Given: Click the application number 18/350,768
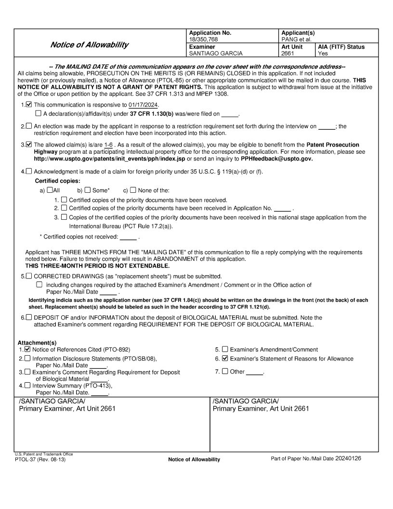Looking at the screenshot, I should [202, 40].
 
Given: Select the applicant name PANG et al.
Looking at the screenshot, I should [295, 40].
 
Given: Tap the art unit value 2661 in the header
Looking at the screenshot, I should [288, 54].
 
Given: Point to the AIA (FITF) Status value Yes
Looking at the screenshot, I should [323, 54].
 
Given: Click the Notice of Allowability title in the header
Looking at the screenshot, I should [89, 45].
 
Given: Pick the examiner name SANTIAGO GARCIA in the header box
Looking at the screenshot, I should [215, 54].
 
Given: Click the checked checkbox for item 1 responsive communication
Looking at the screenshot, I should [29, 105].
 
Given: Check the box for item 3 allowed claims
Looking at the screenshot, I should [29, 145].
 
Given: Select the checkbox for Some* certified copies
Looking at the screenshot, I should [87, 190].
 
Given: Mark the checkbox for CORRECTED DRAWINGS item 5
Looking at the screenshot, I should [29, 276].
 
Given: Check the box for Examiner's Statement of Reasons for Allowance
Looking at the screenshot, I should [225, 359].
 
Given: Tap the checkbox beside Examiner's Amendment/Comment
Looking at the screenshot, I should [225, 349].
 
